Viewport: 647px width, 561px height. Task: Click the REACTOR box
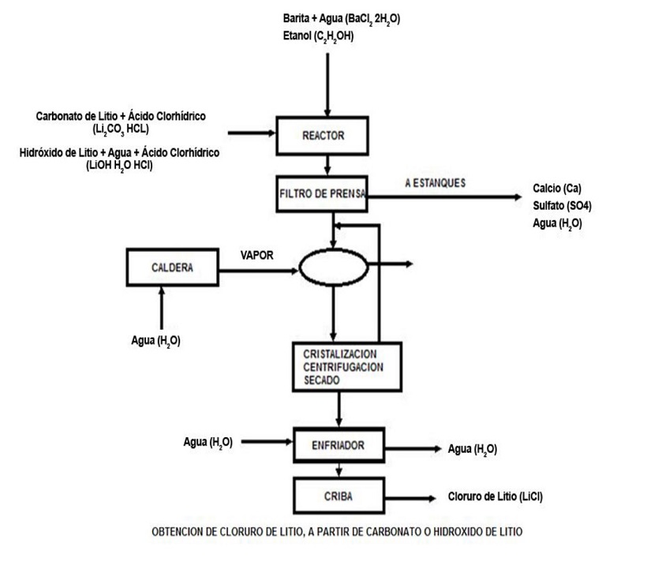[323, 136]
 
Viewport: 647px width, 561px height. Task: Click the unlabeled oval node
[333, 268]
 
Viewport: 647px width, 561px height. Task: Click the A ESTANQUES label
[434, 182]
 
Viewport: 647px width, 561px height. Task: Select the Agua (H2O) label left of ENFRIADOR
[208, 442]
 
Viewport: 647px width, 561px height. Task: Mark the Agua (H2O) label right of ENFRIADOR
[472, 449]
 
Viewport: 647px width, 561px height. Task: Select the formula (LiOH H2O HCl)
[118, 165]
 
